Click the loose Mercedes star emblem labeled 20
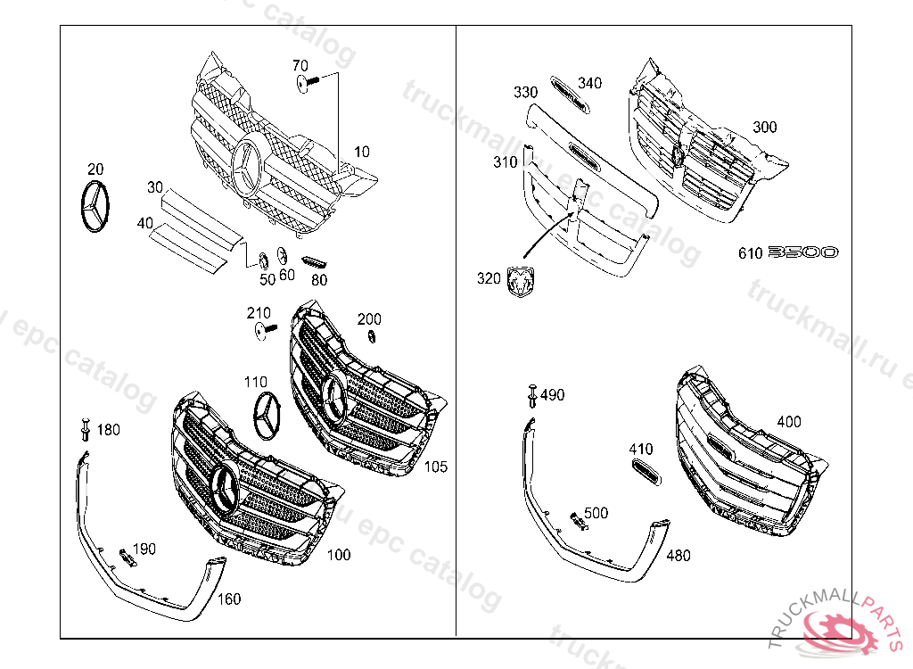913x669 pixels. tap(94, 209)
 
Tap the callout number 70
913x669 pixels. tap(300, 65)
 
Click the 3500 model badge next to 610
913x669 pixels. tap(802, 252)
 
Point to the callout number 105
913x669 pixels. tap(436, 467)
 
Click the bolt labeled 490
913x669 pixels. tap(532, 392)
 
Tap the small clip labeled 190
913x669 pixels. tap(126, 557)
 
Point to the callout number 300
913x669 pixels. tap(764, 127)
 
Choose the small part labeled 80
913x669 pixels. tap(314, 262)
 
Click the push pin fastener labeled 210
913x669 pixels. tap(261, 331)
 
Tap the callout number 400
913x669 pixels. tap(788, 421)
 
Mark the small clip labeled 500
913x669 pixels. tap(578, 521)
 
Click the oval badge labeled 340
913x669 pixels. tap(568, 94)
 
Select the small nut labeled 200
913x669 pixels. tap(371, 335)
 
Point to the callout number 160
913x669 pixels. tap(229, 599)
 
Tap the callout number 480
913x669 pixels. tap(678, 556)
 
